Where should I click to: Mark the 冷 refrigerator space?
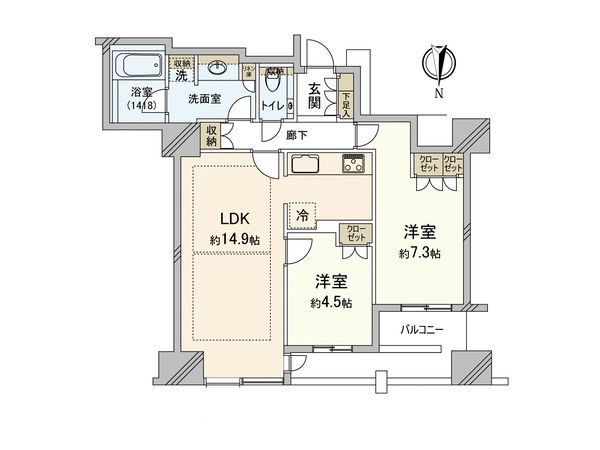(302, 214)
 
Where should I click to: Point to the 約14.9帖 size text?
(236, 240)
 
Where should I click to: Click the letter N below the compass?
(437, 94)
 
